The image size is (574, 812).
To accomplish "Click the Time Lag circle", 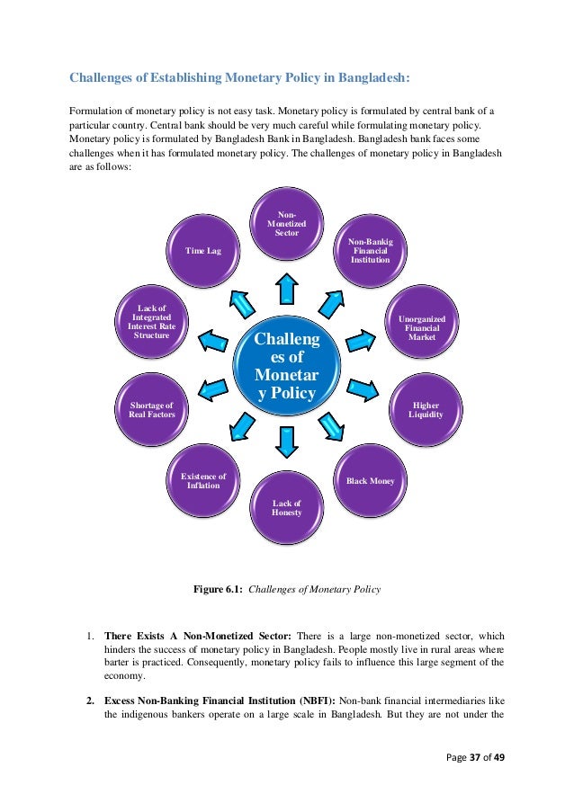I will (x=203, y=251).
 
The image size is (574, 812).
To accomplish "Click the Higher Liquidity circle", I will (x=426, y=409).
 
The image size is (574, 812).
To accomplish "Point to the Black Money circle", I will (x=370, y=482).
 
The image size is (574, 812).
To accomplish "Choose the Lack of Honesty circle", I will (x=286, y=509).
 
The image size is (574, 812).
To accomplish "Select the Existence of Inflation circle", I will (x=203, y=481).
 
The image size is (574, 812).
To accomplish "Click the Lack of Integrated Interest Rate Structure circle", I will (x=151, y=322).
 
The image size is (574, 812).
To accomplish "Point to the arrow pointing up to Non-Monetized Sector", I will (x=286, y=289).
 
